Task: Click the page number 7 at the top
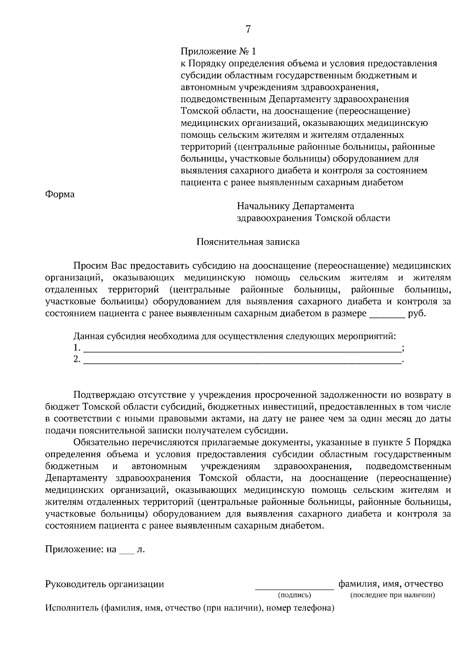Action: pyautogui.click(x=248, y=29)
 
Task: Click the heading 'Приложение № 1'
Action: pyautogui.click(x=218, y=52)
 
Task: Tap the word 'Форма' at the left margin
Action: pyautogui.click(x=60, y=195)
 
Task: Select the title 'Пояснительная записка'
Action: pyautogui.click(x=248, y=242)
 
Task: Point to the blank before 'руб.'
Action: pyautogui.click(x=386, y=314)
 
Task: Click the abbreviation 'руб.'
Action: pyautogui.click(x=417, y=314)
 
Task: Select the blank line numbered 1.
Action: pyautogui.click(x=242, y=349)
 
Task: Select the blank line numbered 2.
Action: pyautogui.click(x=242, y=360)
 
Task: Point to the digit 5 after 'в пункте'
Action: pyautogui.click(x=408, y=442)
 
